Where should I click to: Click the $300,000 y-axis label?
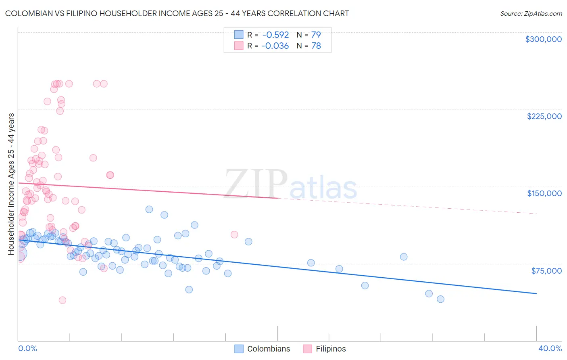(543, 39)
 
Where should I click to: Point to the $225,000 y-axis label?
(544, 116)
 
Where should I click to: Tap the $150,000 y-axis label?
(544, 193)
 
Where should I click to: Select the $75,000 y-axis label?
(546, 271)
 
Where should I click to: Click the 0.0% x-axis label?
(27, 348)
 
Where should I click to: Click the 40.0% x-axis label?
(550, 348)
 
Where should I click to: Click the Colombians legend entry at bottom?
(268, 349)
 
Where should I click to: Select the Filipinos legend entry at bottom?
(330, 349)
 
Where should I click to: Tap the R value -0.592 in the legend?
(275, 35)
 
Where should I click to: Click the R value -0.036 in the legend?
(275, 46)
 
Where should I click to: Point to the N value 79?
(316, 35)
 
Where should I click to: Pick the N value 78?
(316, 46)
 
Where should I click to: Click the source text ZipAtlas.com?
(531, 13)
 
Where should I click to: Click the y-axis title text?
(11, 184)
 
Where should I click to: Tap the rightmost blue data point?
(440, 299)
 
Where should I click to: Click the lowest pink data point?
(63, 300)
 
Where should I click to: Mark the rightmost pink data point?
(234, 234)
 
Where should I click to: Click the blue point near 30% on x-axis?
(404, 257)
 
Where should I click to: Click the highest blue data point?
(149, 209)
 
